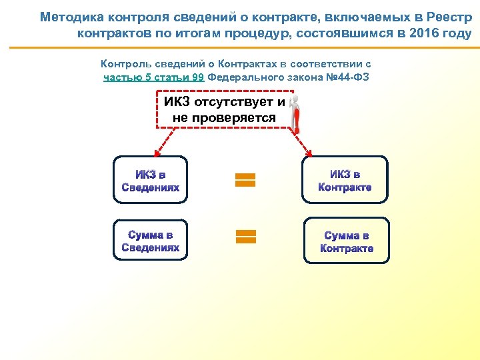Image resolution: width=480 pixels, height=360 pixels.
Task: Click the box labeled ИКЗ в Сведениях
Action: [x=151, y=180]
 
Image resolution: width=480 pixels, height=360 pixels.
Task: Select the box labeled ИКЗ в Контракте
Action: [x=345, y=180]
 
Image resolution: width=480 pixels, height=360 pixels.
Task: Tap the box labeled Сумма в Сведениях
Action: [x=151, y=241]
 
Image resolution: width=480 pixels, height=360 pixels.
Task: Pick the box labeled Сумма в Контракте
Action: [x=346, y=241]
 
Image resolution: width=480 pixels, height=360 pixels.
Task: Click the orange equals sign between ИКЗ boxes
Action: [x=245, y=180]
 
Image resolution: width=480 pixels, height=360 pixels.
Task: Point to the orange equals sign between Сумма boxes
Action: [x=245, y=235]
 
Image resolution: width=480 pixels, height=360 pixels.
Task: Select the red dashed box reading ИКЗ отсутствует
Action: [x=225, y=109]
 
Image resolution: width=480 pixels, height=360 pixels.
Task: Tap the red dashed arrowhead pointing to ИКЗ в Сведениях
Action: [x=154, y=152]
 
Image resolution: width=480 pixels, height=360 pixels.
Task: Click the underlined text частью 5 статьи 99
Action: [x=154, y=77]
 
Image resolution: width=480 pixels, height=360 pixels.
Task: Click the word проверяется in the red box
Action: [x=224, y=118]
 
